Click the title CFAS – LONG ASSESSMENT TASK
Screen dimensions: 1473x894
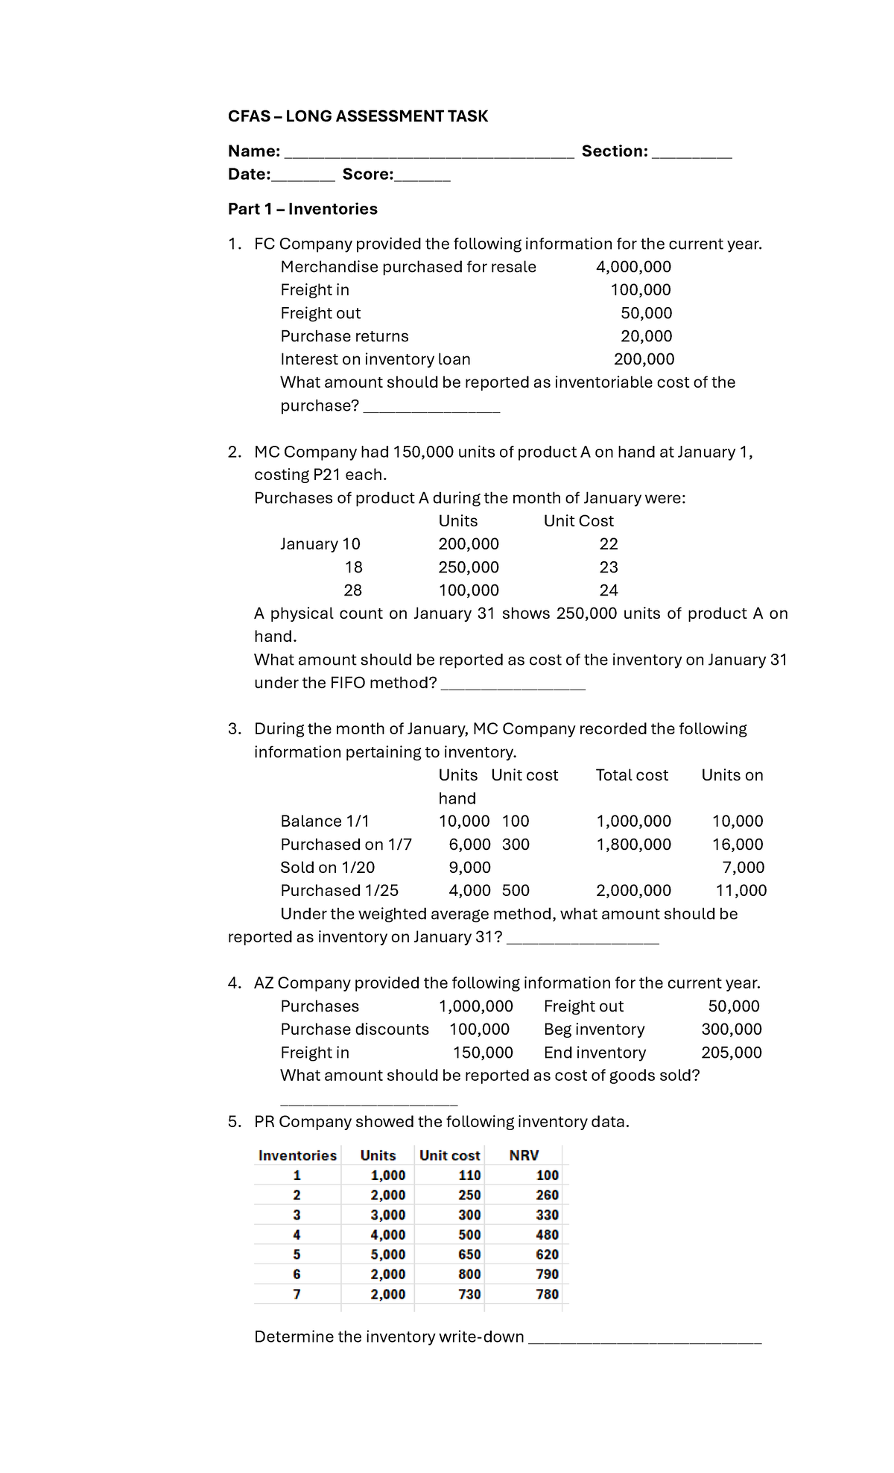click(x=358, y=116)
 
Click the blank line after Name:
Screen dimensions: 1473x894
click(x=429, y=154)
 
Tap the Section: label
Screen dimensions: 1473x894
click(x=615, y=151)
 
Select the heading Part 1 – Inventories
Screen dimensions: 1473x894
click(x=302, y=209)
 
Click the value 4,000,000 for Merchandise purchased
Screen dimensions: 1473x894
click(x=633, y=267)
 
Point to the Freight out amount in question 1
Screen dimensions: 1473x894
click(x=646, y=313)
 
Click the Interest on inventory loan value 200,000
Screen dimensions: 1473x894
click(x=644, y=359)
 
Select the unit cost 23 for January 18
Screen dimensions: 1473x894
click(x=609, y=567)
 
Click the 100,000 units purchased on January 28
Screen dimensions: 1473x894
click(x=469, y=590)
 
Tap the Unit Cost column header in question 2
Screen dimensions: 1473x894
click(x=578, y=521)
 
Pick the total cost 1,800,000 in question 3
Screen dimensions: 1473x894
click(x=633, y=845)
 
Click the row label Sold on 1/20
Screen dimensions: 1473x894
click(x=327, y=868)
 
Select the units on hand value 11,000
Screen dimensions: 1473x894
click(x=741, y=891)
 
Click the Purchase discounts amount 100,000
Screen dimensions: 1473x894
click(x=479, y=1029)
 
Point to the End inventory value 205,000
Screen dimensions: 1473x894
click(x=731, y=1053)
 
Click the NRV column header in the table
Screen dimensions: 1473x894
click(x=524, y=1155)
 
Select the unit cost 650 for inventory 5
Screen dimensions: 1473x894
click(x=469, y=1255)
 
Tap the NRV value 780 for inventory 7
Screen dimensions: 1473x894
click(x=547, y=1294)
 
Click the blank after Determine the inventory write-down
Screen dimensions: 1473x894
click(x=644, y=1340)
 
